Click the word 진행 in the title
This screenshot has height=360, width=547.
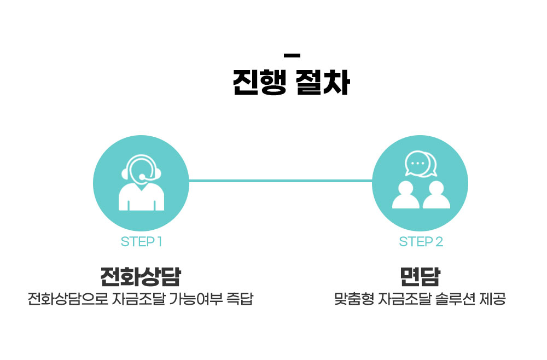(259, 83)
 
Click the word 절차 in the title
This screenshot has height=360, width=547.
(323, 83)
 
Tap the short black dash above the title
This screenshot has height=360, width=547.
(293, 55)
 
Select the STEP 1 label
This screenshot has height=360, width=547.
(141, 242)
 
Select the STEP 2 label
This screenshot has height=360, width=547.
(421, 242)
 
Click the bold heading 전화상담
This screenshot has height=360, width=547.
(141, 277)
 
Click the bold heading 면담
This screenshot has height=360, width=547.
(420, 277)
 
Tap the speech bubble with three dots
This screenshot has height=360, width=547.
(417, 163)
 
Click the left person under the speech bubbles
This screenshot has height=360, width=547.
(406, 196)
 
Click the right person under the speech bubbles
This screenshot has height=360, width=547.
(436, 196)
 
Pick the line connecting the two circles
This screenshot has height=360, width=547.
(280, 181)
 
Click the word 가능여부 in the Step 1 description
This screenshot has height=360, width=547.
(195, 300)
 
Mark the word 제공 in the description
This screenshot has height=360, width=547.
(492, 300)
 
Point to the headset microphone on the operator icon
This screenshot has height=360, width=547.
(143, 177)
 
